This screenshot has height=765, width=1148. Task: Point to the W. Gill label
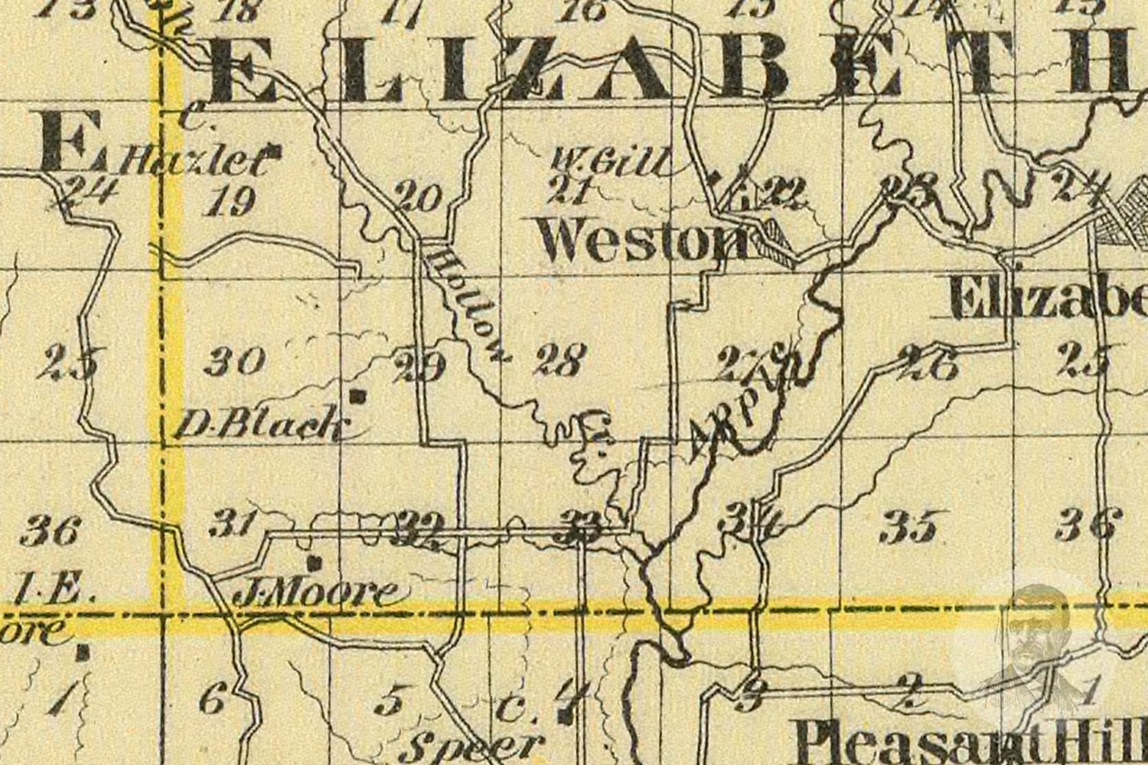(612, 162)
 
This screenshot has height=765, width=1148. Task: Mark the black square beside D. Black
(356, 396)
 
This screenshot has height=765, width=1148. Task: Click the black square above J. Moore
(312, 564)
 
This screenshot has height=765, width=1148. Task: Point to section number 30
(235, 360)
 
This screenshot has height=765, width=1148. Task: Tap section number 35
(908, 527)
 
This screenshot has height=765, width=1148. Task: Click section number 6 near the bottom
(213, 698)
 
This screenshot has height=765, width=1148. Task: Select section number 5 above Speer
(392, 701)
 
